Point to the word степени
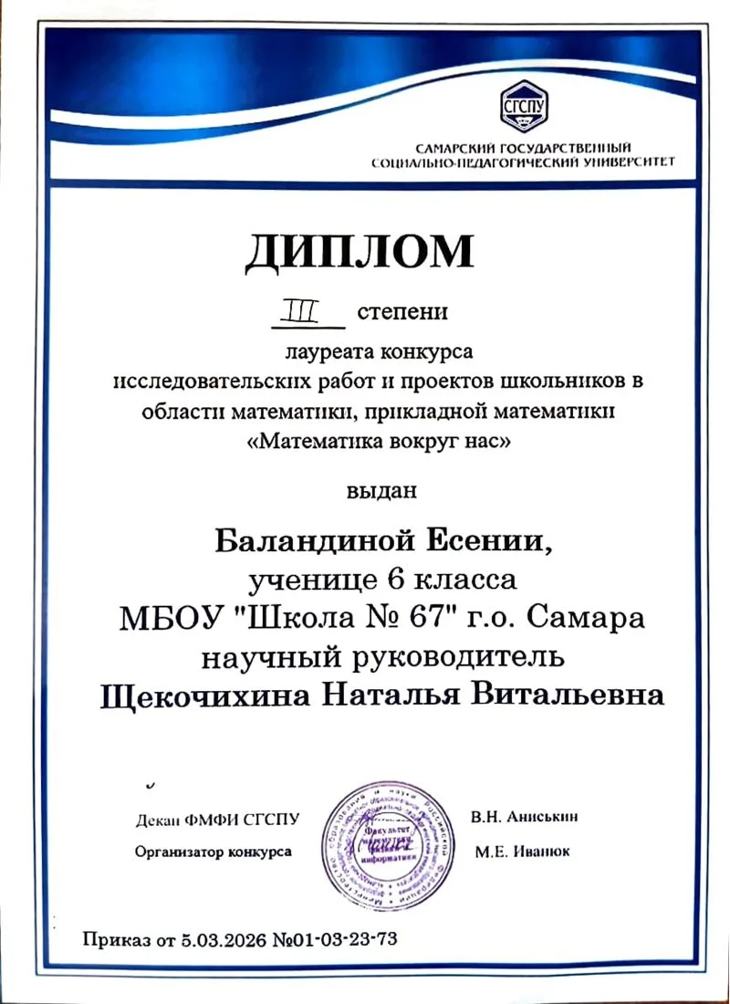point(402,313)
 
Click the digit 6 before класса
point(401,580)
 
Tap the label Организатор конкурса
point(213,852)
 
